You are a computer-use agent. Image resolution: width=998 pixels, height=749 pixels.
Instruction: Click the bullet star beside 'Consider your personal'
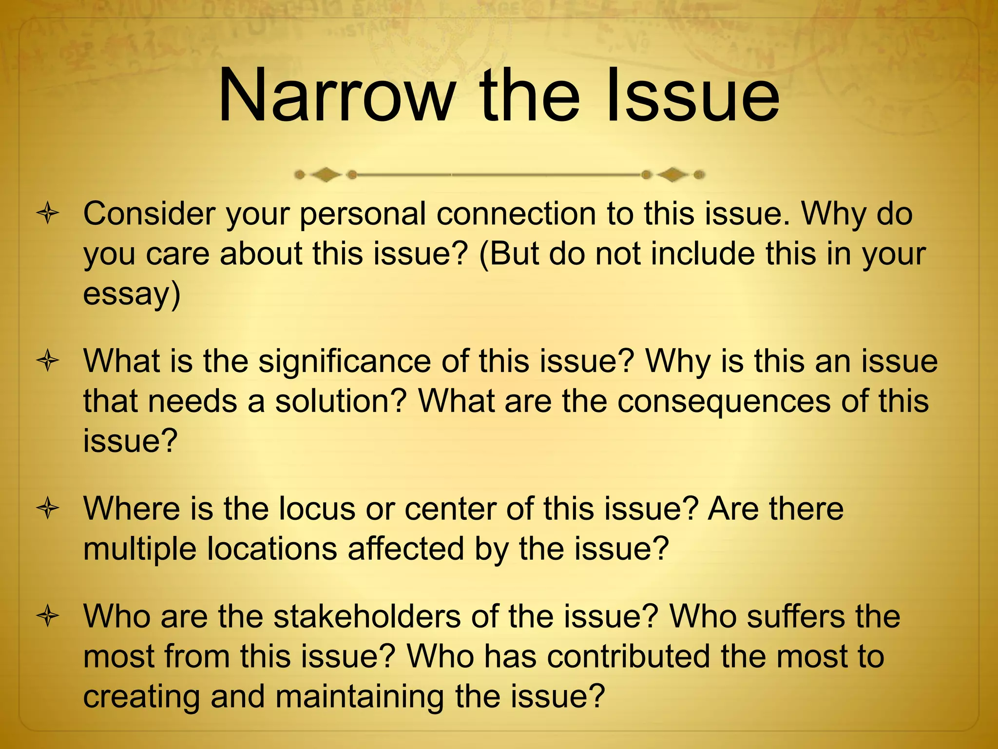[x=48, y=214]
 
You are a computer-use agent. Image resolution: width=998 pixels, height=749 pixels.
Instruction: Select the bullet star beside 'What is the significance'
[x=48, y=361]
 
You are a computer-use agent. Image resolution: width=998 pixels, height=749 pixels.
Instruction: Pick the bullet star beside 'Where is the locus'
[x=48, y=509]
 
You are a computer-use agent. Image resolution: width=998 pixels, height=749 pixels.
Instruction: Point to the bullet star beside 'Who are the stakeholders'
[x=48, y=617]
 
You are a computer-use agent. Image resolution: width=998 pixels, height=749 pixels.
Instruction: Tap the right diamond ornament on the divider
[x=673, y=174]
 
